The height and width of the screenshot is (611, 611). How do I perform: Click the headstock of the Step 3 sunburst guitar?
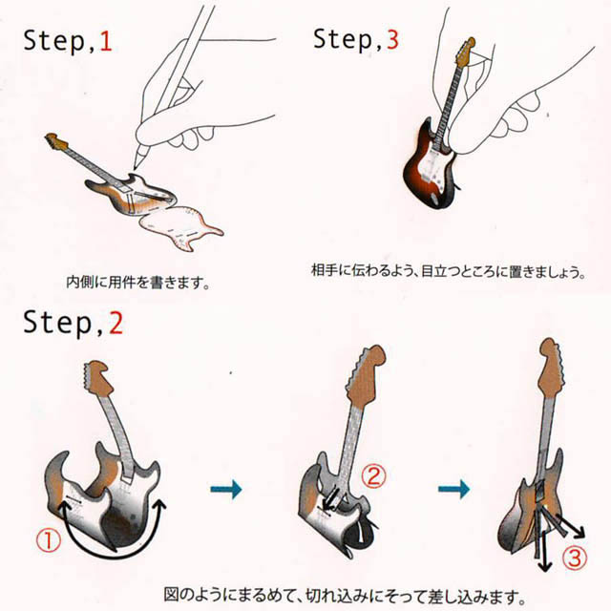[463, 53]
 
